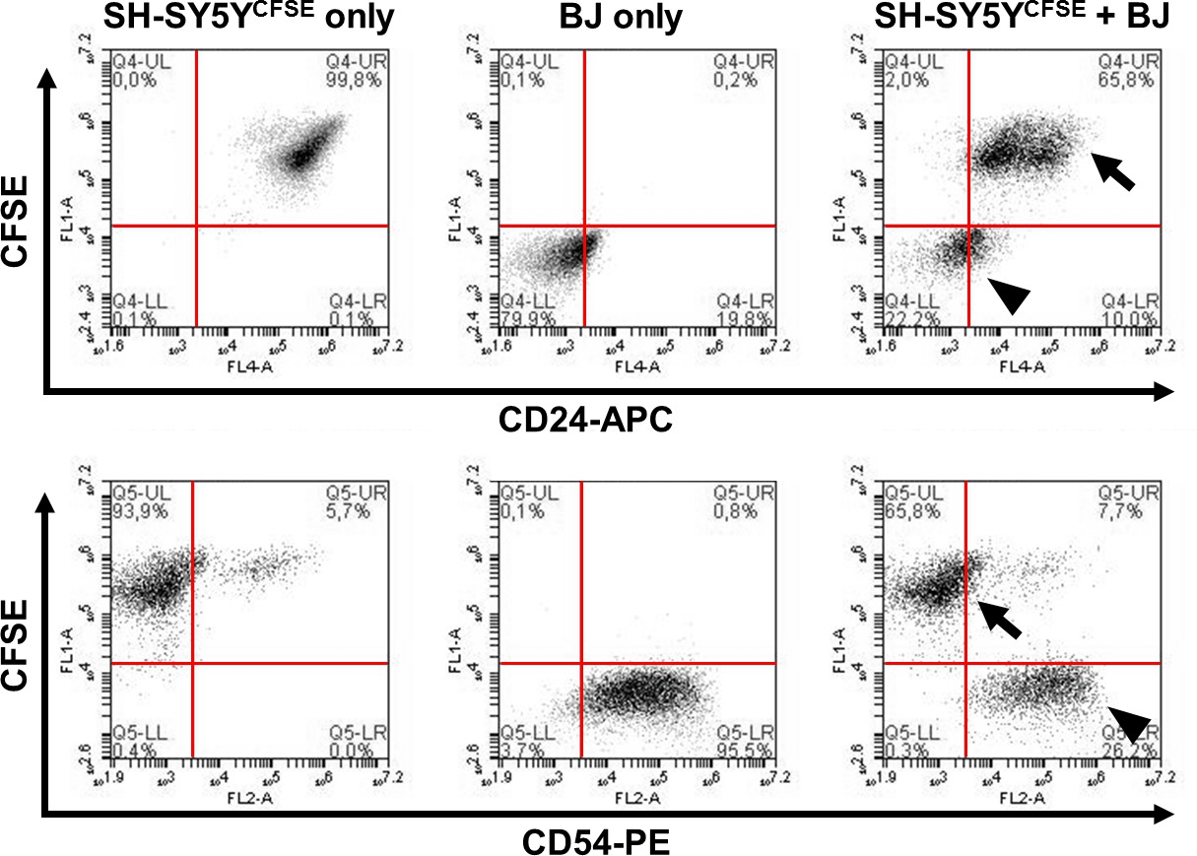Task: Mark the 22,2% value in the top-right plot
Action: point(908,315)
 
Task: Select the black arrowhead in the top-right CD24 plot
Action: point(1010,295)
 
